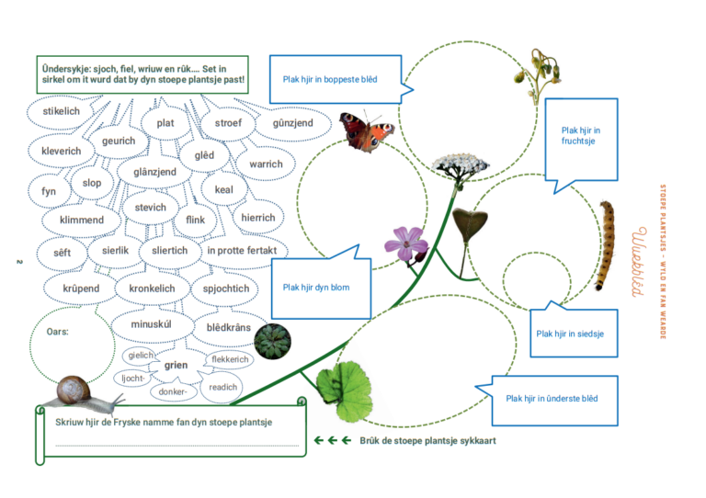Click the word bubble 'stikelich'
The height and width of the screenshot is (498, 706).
click(62, 111)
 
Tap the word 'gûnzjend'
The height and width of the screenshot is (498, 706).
click(292, 123)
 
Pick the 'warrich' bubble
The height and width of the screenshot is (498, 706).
click(266, 164)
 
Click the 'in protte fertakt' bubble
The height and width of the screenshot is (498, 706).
click(242, 250)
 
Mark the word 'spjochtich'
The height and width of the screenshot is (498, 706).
click(226, 289)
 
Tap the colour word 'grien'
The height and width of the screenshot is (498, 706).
click(176, 366)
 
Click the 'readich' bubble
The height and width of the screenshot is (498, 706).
click(223, 387)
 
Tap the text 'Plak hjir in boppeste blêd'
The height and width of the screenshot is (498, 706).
click(330, 79)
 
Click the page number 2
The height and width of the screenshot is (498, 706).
click(18, 266)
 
